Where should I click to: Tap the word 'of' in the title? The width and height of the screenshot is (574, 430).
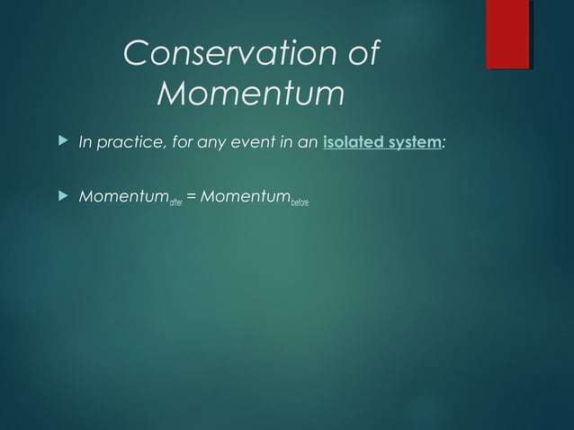[x=361, y=54]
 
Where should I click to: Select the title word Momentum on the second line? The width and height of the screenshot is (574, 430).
[x=250, y=93]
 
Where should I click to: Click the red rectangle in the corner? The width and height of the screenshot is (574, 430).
[x=507, y=34]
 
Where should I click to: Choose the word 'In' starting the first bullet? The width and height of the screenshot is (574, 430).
[x=87, y=142]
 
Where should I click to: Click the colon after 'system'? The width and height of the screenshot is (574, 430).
[x=444, y=143]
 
